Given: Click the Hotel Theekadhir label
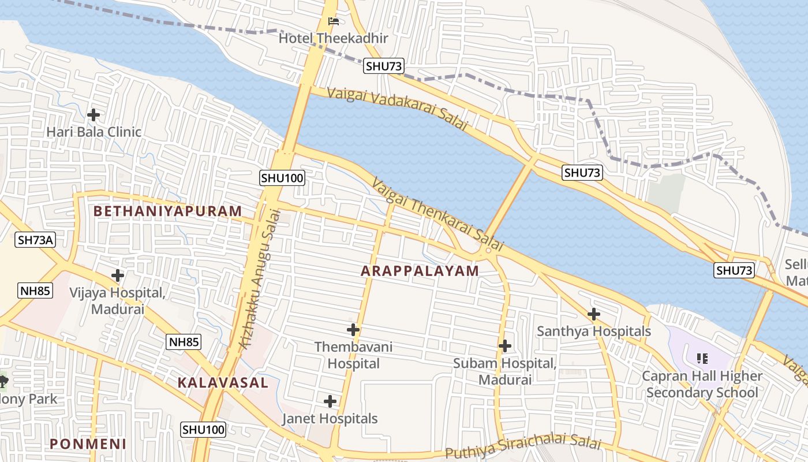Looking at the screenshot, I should pos(333,38).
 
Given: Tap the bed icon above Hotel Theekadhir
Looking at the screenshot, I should pos(334,21).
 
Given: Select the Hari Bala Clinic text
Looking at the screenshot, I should pos(93,132).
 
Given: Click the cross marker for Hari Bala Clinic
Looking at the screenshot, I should pos(93,114).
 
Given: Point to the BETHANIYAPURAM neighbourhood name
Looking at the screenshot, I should pos(167,211).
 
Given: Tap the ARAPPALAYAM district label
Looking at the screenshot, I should pos(420,271).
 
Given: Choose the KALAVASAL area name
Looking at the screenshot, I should pos(223,382).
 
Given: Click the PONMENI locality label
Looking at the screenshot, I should pos(88,444).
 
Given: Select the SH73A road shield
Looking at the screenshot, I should pos(35,240).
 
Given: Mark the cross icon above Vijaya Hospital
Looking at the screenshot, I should pos(117,275).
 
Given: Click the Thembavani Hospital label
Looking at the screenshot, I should pos(353,355).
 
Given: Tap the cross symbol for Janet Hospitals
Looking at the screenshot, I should pos(330,401).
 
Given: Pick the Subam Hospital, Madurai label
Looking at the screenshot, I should pos(504,371).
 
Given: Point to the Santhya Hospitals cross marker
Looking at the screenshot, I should pos(593,314).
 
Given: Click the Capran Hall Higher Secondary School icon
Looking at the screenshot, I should pos(702,359).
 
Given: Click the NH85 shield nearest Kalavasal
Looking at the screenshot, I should pos(184,342).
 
